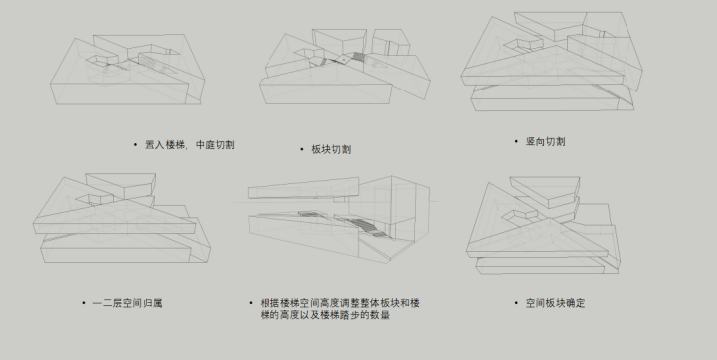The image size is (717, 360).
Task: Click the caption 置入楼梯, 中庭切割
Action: tap(190, 145)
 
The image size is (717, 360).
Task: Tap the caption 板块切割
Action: tap(331, 149)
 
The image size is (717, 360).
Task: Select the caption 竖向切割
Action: tap(546, 142)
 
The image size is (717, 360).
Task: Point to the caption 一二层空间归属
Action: tap(127, 303)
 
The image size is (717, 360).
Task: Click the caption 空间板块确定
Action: tap(555, 303)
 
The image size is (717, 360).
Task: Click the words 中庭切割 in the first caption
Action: tap(215, 145)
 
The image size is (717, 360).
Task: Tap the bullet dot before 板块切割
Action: tap(301, 149)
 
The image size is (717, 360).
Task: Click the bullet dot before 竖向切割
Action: tap(516, 142)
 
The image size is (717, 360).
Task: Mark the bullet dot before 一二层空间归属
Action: tap(84, 303)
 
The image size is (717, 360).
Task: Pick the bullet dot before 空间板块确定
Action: tap(516, 303)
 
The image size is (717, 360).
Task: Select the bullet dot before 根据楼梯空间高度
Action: tap(251, 303)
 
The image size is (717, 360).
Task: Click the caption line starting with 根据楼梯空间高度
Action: tap(340, 303)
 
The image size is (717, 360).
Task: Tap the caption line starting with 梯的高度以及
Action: tap(324, 315)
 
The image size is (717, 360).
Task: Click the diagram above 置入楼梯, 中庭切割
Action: tap(127, 70)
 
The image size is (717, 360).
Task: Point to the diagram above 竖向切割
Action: tap(552, 62)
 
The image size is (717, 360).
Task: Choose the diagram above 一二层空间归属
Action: tap(121, 218)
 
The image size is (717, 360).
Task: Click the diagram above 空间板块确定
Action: tap(544, 226)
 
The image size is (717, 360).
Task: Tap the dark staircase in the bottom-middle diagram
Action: tap(361, 226)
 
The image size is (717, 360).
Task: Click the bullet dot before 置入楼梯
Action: tap(135, 145)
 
